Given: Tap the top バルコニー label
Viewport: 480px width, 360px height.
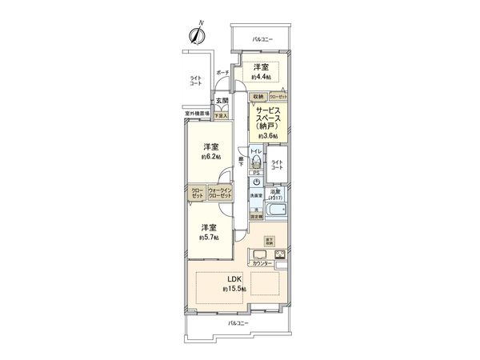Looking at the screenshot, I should pos(262,39).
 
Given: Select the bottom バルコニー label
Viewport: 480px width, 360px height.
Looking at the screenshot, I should pos(238,322).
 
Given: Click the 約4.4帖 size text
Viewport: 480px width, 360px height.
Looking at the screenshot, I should pos(261,77).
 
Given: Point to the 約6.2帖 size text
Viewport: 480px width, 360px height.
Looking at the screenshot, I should pos(210,158).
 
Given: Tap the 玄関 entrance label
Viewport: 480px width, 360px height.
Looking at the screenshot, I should pos(219,101).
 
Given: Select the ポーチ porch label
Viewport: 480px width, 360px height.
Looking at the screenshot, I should pos(222,74).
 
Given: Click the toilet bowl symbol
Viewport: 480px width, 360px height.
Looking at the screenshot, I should pos(256,159).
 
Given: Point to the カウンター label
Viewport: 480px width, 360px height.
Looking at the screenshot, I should pos(262,263).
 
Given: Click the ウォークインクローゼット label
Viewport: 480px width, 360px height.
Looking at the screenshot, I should pos(220,193).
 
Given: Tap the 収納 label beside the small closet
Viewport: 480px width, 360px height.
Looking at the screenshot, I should pos(258,97).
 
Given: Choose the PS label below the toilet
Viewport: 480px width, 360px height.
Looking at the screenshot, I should pos(256,172).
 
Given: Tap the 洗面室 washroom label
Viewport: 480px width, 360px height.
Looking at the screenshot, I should pos(256,194).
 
